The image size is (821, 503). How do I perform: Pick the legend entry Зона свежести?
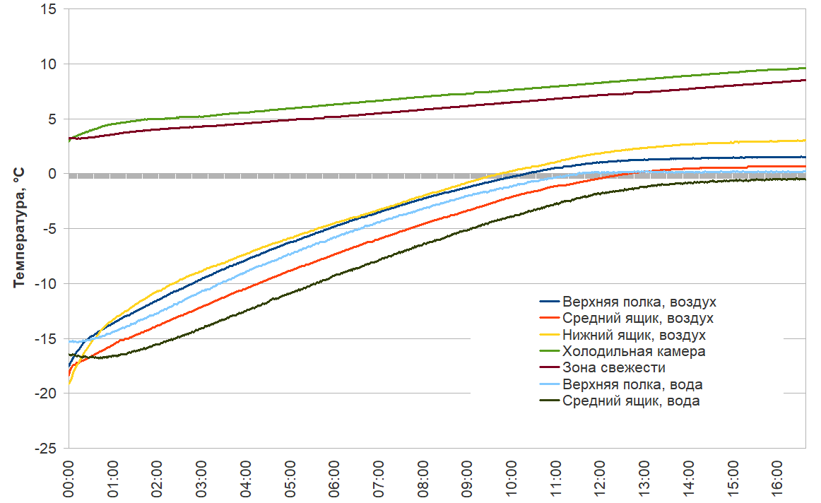click(613, 367)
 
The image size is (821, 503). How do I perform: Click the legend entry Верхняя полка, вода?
click(632, 384)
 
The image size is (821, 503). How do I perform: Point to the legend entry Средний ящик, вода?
click(631, 401)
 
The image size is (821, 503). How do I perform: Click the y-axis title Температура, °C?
click(19, 228)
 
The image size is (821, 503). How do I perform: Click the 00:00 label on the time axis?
click(69, 478)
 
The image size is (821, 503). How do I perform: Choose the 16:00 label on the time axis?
click(776, 478)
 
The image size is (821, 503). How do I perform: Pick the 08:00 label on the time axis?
click(423, 478)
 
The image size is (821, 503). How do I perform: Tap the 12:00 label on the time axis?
click(600, 478)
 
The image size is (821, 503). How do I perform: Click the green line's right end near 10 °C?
click(804, 68)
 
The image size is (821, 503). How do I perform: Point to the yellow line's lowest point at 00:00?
click(69, 383)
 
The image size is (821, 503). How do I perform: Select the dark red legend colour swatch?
click(550, 367)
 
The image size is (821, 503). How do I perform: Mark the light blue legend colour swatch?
click(550, 384)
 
